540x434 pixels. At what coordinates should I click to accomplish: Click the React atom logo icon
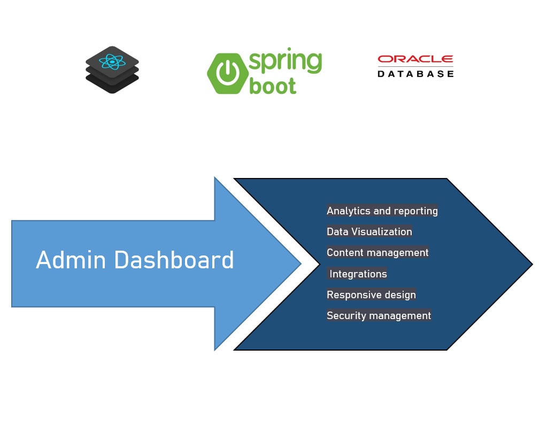point(112,62)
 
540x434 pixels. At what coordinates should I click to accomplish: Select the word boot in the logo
point(273,86)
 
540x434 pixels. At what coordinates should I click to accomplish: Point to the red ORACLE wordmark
point(415,59)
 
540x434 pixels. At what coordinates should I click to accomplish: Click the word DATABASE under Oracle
point(415,74)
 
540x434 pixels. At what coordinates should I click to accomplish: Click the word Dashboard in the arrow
point(174,260)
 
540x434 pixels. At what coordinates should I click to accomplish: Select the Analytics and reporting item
point(382,211)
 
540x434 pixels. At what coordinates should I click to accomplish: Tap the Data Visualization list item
point(369,231)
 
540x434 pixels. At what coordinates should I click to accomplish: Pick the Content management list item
point(377,252)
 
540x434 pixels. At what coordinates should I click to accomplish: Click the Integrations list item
point(358,274)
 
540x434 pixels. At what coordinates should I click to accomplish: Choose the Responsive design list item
point(371,294)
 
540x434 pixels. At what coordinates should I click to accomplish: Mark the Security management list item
point(379,315)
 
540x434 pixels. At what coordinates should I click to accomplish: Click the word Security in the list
point(345,315)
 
